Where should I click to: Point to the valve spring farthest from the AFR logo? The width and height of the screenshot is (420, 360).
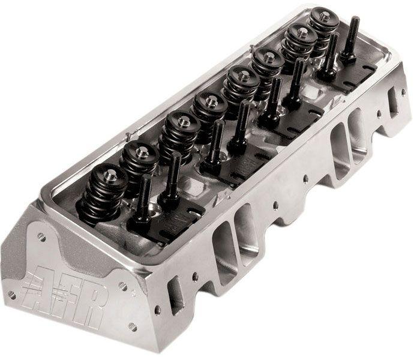coord(323,24)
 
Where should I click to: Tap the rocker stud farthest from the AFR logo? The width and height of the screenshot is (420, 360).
coord(351,39)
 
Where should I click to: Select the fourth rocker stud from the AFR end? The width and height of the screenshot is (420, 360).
coord(239,126)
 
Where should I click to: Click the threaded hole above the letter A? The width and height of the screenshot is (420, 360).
coord(41,236)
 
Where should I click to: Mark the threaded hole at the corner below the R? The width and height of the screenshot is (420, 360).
coord(132,326)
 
